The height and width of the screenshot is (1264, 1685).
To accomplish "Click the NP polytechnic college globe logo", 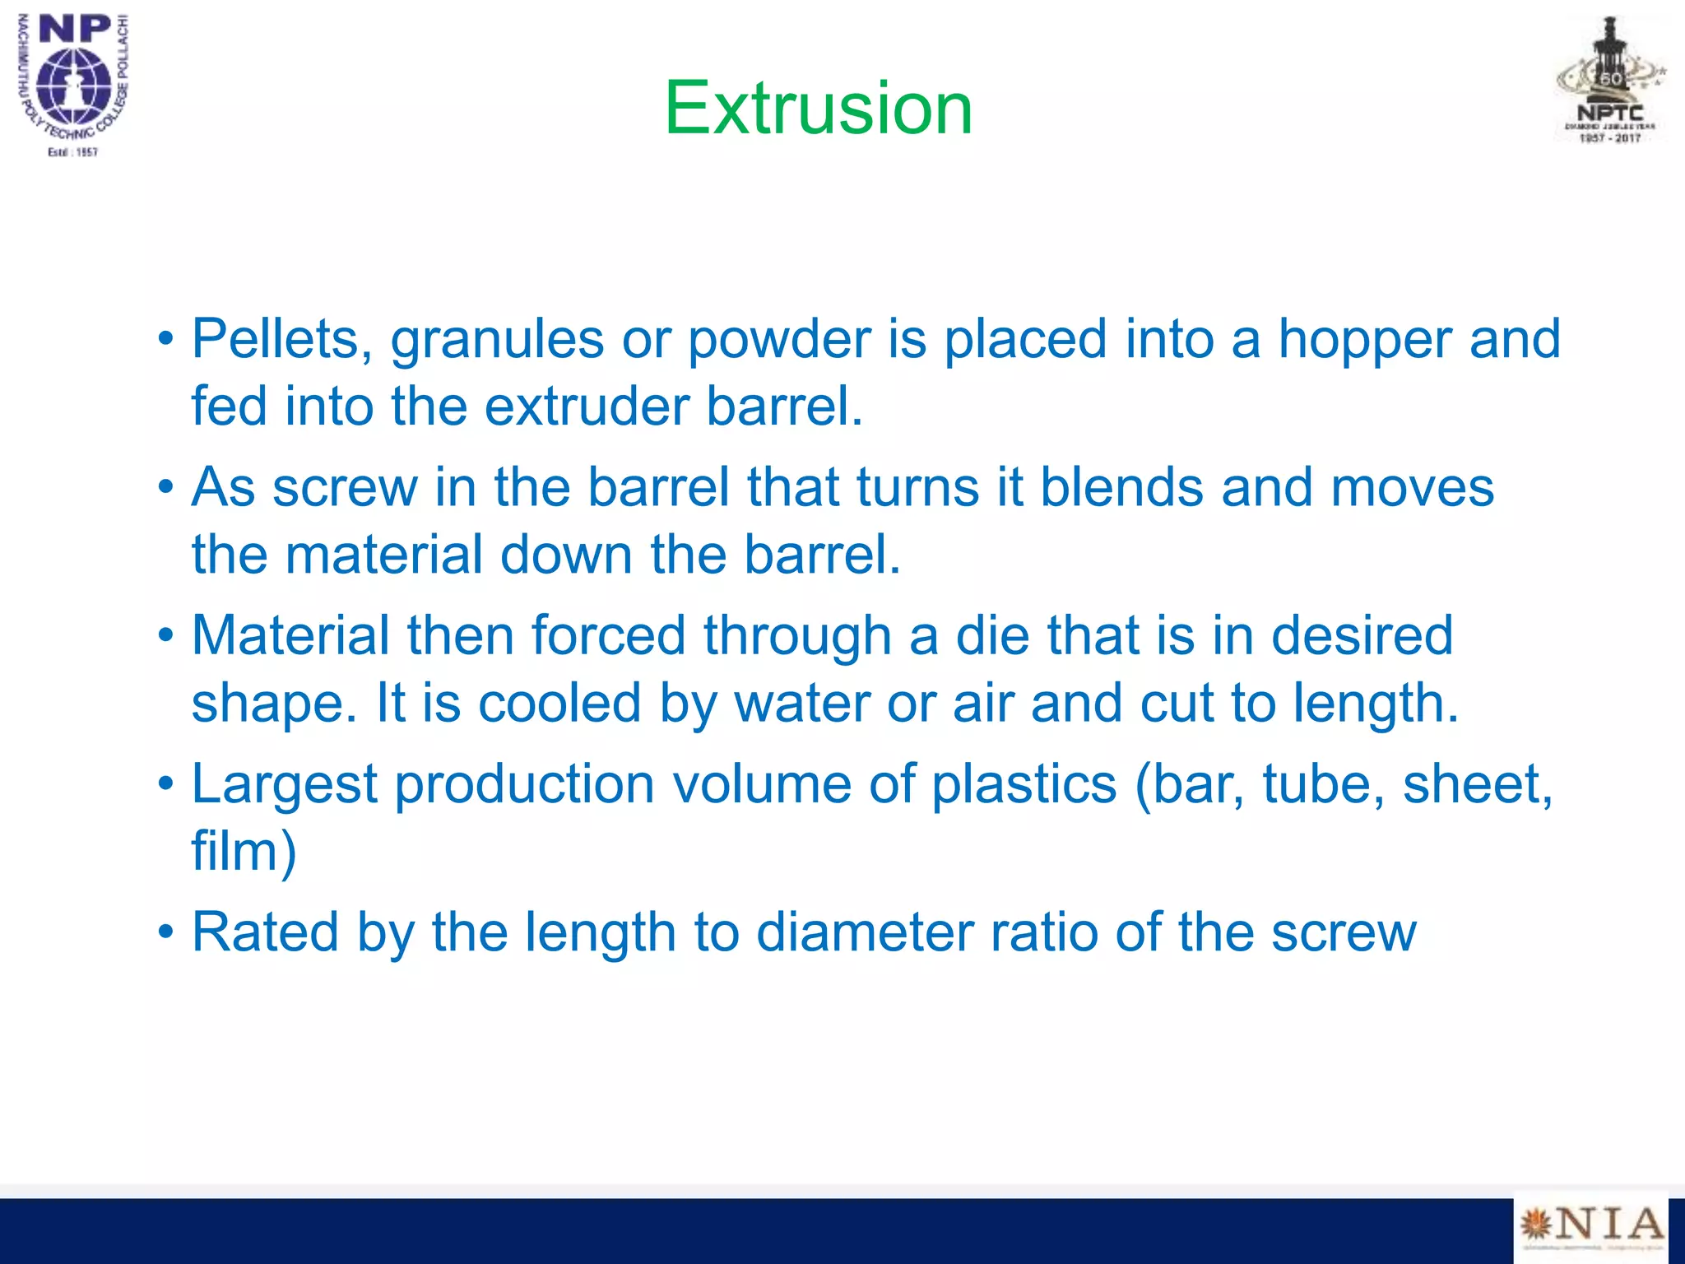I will pyautogui.click(x=74, y=84).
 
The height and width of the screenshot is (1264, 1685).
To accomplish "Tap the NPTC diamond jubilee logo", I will pyautogui.click(x=1610, y=81).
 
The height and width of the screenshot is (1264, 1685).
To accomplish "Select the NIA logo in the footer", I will pyautogui.click(x=1590, y=1226).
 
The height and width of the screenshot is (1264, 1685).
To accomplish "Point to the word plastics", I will pyautogui.click(x=1024, y=783).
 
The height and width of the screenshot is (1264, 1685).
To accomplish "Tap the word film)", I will pyautogui.click(x=244, y=851).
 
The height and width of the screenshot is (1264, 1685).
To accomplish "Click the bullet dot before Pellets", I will pyautogui.click(x=166, y=338).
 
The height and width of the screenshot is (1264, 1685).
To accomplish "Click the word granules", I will pyautogui.click(x=497, y=341).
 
